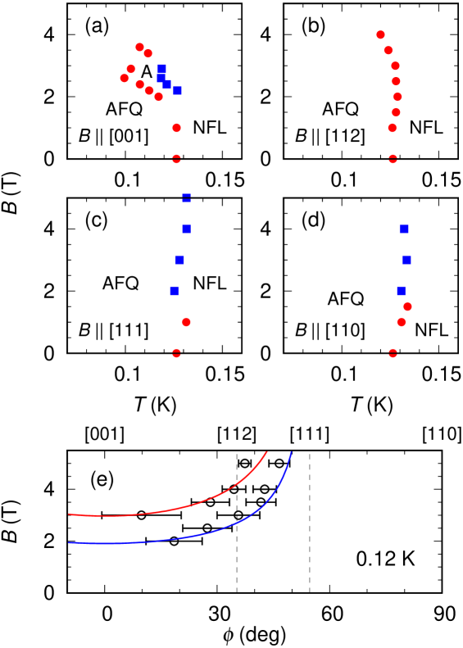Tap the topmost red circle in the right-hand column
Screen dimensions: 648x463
(380, 34)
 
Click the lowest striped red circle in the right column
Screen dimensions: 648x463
(393, 353)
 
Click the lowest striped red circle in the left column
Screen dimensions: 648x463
(176, 353)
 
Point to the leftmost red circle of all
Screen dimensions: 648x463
(125, 79)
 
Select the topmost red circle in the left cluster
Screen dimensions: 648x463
(139, 47)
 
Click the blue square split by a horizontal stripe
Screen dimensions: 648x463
(187, 197)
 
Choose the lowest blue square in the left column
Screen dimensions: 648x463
(175, 291)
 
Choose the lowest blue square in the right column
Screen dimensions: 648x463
(401, 291)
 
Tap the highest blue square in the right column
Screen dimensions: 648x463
(404, 229)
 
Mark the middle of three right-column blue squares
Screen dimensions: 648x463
(406, 260)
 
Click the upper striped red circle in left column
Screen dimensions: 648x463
(176, 159)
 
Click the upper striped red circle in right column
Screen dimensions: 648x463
(393, 159)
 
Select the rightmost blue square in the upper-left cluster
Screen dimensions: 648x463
(177, 90)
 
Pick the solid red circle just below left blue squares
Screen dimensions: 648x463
(186, 322)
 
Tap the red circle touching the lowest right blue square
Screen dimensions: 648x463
(407, 306)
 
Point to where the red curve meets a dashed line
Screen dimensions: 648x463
(237, 484)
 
